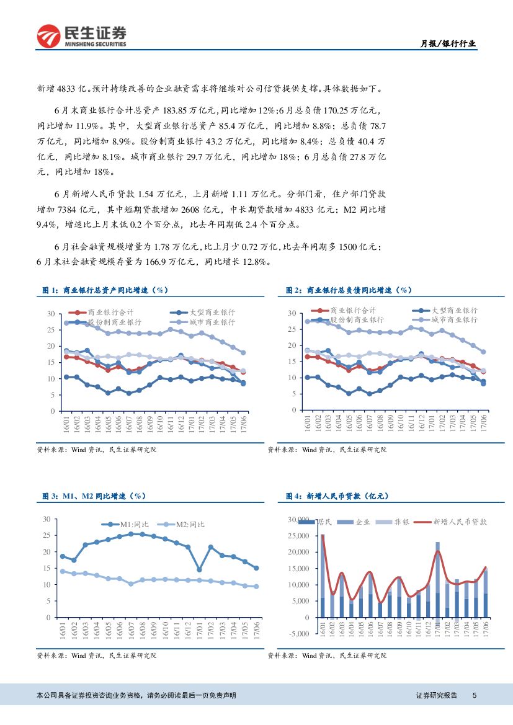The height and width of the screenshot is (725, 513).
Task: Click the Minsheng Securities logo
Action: pos(81,36)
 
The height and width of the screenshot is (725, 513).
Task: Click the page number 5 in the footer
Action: pos(474,696)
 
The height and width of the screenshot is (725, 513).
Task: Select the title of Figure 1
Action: pos(105,290)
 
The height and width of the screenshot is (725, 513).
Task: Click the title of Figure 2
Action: pos(349,290)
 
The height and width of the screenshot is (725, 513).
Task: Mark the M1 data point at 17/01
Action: pos(199,569)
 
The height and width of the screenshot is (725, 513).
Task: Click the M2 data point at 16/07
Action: pos(131,584)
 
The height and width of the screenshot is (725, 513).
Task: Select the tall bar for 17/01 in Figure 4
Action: pos(437,580)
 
